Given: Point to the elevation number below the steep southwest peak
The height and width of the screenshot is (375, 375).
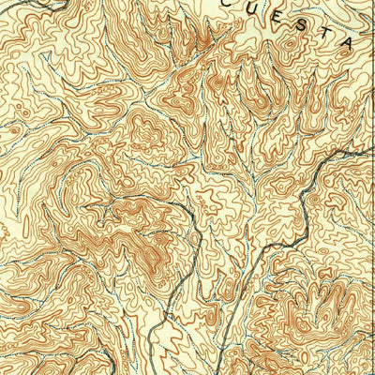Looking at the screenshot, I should coord(141,272).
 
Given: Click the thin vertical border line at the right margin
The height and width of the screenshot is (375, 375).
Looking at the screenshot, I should coord(372,234).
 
